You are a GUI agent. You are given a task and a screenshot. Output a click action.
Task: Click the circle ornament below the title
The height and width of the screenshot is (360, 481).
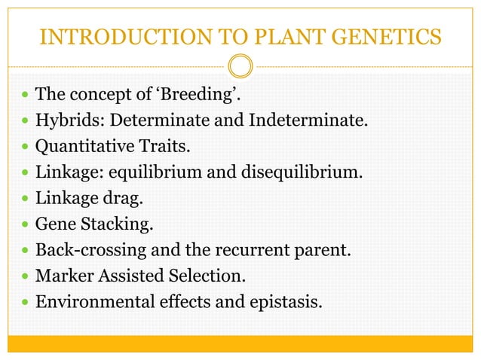pos(240,67)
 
